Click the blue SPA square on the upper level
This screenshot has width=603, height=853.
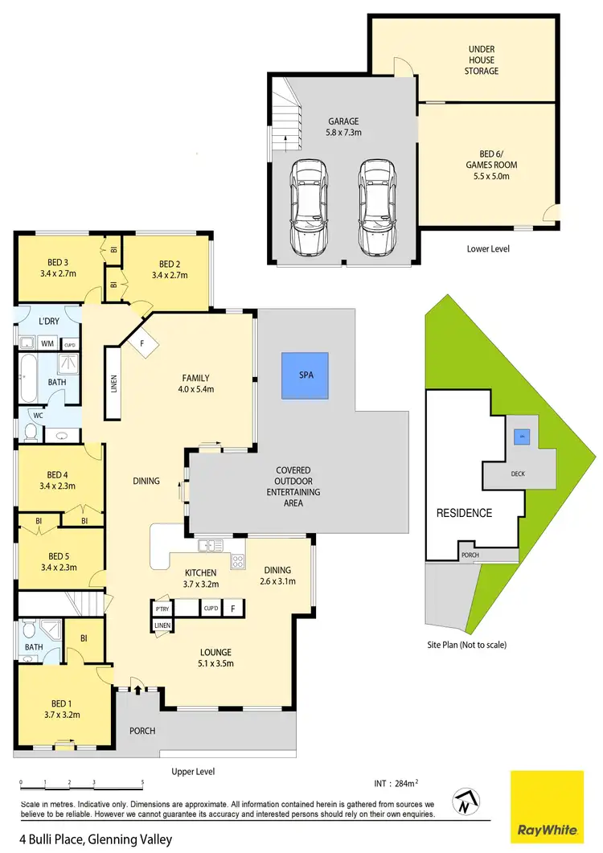(306, 375)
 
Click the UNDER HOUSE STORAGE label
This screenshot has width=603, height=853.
(483, 59)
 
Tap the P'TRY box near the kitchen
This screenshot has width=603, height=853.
(162, 609)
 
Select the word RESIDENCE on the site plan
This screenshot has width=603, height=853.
(464, 513)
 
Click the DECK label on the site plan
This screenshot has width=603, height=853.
(518, 474)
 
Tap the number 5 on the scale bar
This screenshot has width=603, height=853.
(142, 782)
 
